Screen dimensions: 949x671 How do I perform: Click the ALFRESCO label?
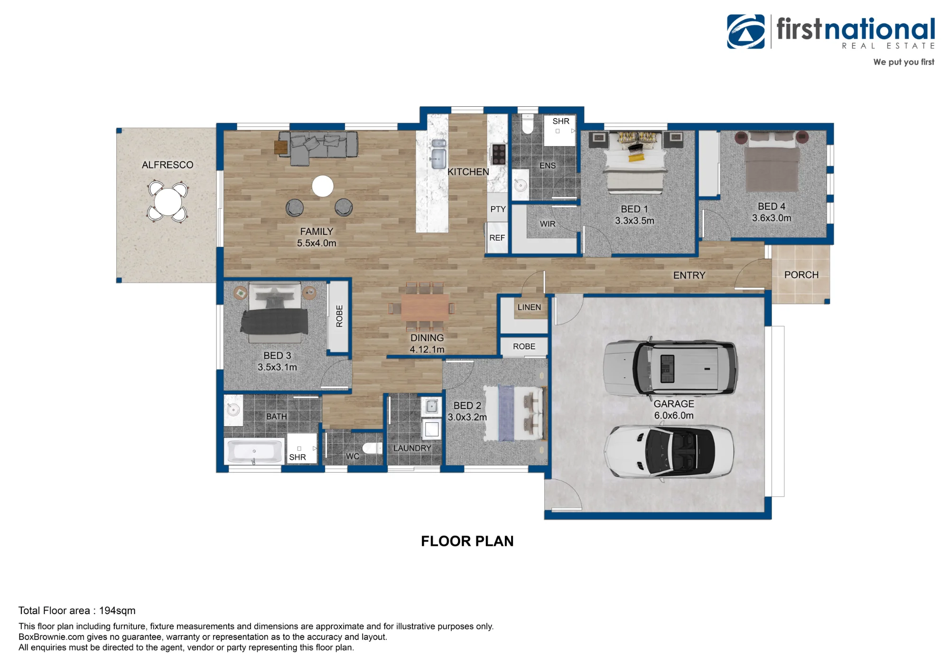coord(167,165)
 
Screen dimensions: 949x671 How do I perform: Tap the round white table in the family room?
coord(323,186)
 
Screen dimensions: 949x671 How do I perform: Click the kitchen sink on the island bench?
coord(438,154)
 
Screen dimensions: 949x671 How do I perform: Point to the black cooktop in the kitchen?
coord(499,154)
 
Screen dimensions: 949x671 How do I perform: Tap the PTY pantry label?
coord(498,209)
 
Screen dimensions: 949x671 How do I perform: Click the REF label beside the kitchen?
coord(497,238)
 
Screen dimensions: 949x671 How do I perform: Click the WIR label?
coord(548,224)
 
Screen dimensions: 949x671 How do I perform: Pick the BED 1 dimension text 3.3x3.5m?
coord(634,221)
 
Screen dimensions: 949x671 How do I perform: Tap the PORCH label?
coord(801,275)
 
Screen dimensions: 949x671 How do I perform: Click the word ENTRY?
coord(689,275)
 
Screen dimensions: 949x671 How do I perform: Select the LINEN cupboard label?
coord(529,308)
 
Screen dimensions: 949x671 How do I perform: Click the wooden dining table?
coord(425,307)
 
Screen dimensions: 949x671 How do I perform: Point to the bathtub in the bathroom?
coord(254,451)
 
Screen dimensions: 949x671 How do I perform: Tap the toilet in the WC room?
coord(372,447)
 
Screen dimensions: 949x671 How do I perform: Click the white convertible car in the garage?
coord(669,451)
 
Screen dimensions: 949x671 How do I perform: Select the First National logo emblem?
coord(745,32)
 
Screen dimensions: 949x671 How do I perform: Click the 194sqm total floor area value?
coord(117,611)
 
